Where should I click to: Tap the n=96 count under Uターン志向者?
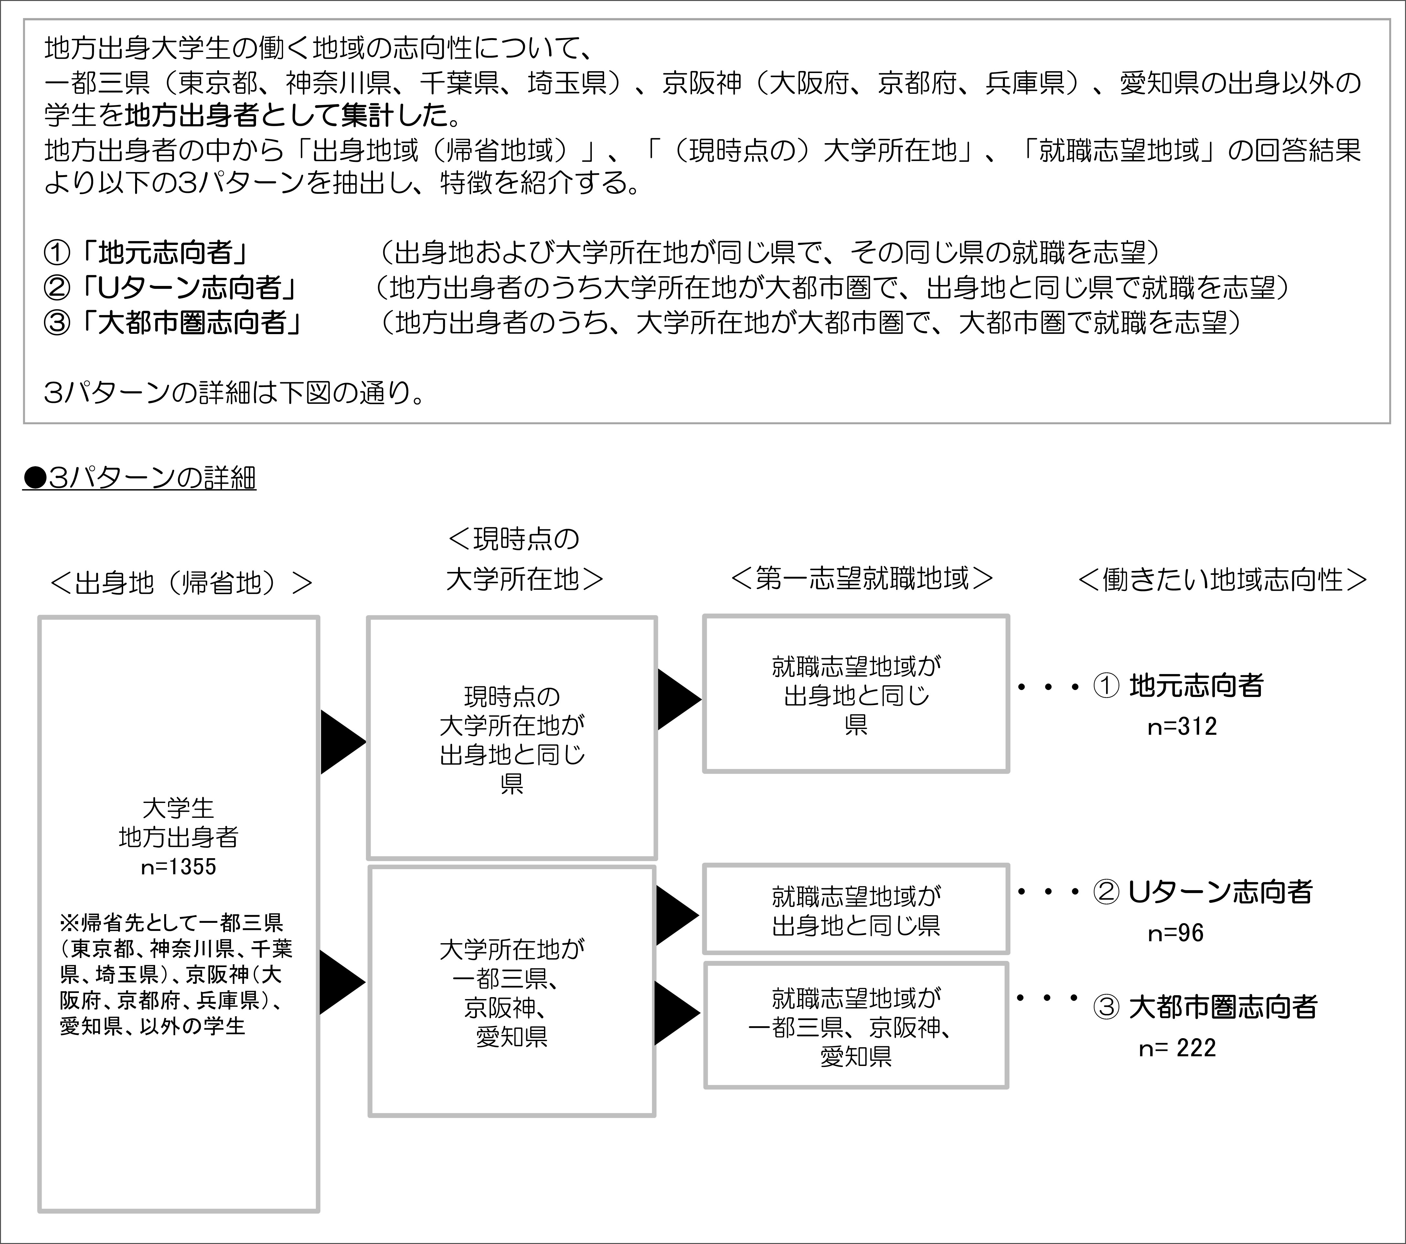coord(1176,933)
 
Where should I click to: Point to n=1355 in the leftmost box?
coord(178,867)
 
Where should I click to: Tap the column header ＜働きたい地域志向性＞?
coord(1222,580)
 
